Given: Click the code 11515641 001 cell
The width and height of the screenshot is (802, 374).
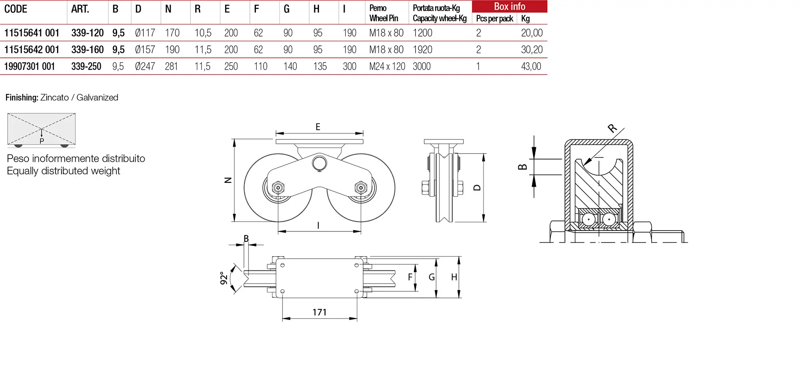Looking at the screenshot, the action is pyautogui.click(x=32, y=33).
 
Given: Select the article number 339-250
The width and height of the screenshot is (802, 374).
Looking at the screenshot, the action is pyautogui.click(x=86, y=66).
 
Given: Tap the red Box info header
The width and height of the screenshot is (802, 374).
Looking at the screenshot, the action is pyautogui.click(x=509, y=6).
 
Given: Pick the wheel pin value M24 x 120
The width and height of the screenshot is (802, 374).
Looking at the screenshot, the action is pyautogui.click(x=387, y=66).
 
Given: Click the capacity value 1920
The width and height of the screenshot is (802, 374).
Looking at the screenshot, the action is pyautogui.click(x=423, y=49).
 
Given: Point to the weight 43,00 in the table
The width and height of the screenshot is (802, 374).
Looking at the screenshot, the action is pyautogui.click(x=531, y=66).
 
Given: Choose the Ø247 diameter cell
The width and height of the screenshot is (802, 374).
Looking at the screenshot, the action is pyautogui.click(x=145, y=66).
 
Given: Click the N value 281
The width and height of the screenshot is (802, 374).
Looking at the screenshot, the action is pyautogui.click(x=172, y=66).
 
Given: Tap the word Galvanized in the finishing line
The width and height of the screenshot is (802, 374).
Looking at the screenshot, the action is pyautogui.click(x=97, y=98).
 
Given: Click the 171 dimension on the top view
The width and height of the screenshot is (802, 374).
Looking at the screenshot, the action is pyautogui.click(x=319, y=312).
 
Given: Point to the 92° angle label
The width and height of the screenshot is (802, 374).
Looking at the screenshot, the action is pyautogui.click(x=224, y=278).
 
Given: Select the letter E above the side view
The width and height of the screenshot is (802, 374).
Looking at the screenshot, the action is pyautogui.click(x=318, y=127).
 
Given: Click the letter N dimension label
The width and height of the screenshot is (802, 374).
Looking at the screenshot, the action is pyautogui.click(x=228, y=180).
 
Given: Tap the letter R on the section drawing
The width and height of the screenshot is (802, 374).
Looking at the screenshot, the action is pyautogui.click(x=612, y=129).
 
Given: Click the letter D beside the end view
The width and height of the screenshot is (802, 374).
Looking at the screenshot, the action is pyautogui.click(x=477, y=188).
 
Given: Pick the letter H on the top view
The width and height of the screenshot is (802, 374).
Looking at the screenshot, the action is pyautogui.click(x=454, y=277).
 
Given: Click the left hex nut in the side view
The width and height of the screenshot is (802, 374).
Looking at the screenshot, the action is pyautogui.click(x=278, y=188).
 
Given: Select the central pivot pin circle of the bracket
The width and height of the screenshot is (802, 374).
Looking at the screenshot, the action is pyautogui.click(x=319, y=163).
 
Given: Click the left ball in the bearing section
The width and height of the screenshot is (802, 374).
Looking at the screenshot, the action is pyautogui.click(x=589, y=219).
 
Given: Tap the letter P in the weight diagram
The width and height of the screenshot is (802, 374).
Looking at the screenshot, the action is pyautogui.click(x=41, y=141).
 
